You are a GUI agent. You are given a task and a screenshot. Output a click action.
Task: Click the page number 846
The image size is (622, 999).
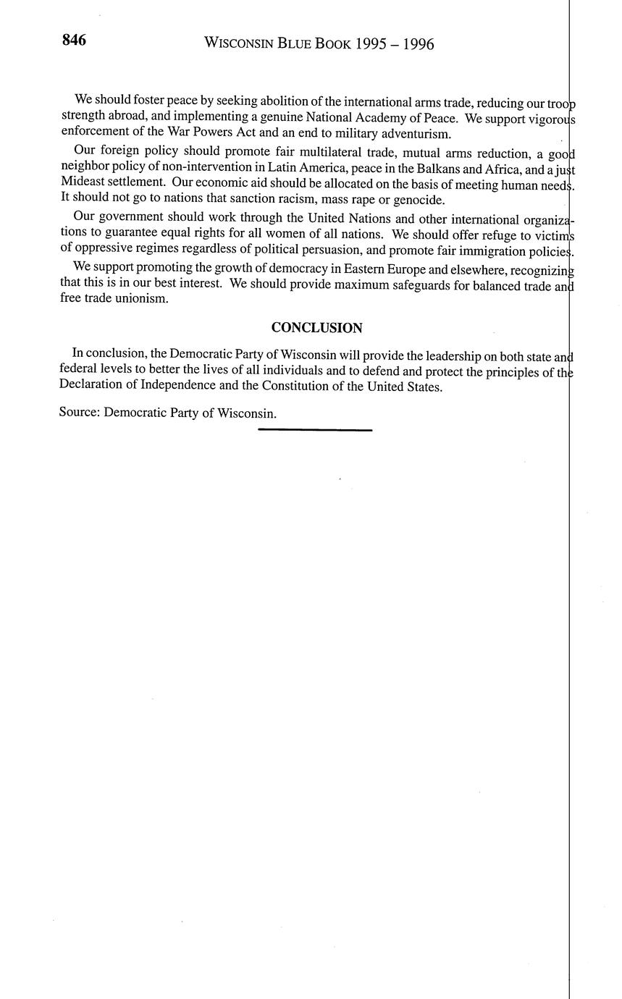pos(74,41)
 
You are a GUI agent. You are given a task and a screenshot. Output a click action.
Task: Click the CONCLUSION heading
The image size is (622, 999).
pos(316,328)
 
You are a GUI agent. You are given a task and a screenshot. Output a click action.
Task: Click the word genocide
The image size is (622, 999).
pos(419,200)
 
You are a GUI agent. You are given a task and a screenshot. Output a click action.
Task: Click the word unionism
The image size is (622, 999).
pos(143,298)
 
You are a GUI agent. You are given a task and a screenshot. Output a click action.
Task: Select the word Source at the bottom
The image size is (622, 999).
pos(79,413)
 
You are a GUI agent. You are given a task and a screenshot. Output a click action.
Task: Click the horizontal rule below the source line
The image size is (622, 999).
pos(315,430)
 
